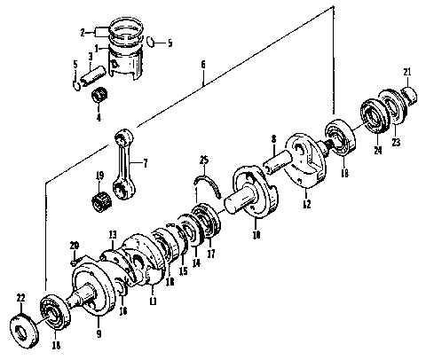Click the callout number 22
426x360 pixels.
point(20,296)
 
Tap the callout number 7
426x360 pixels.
point(146,163)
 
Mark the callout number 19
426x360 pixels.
point(100,176)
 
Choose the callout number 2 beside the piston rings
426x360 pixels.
point(82,32)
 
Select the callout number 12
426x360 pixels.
point(305,205)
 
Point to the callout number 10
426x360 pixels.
point(256,236)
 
